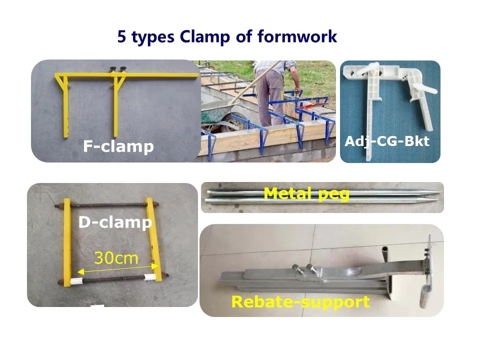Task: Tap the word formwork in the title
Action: [297, 36]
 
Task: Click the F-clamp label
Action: [118, 146]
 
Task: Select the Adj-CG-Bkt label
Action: [387, 141]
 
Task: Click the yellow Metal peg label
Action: [306, 193]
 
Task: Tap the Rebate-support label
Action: [300, 302]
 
